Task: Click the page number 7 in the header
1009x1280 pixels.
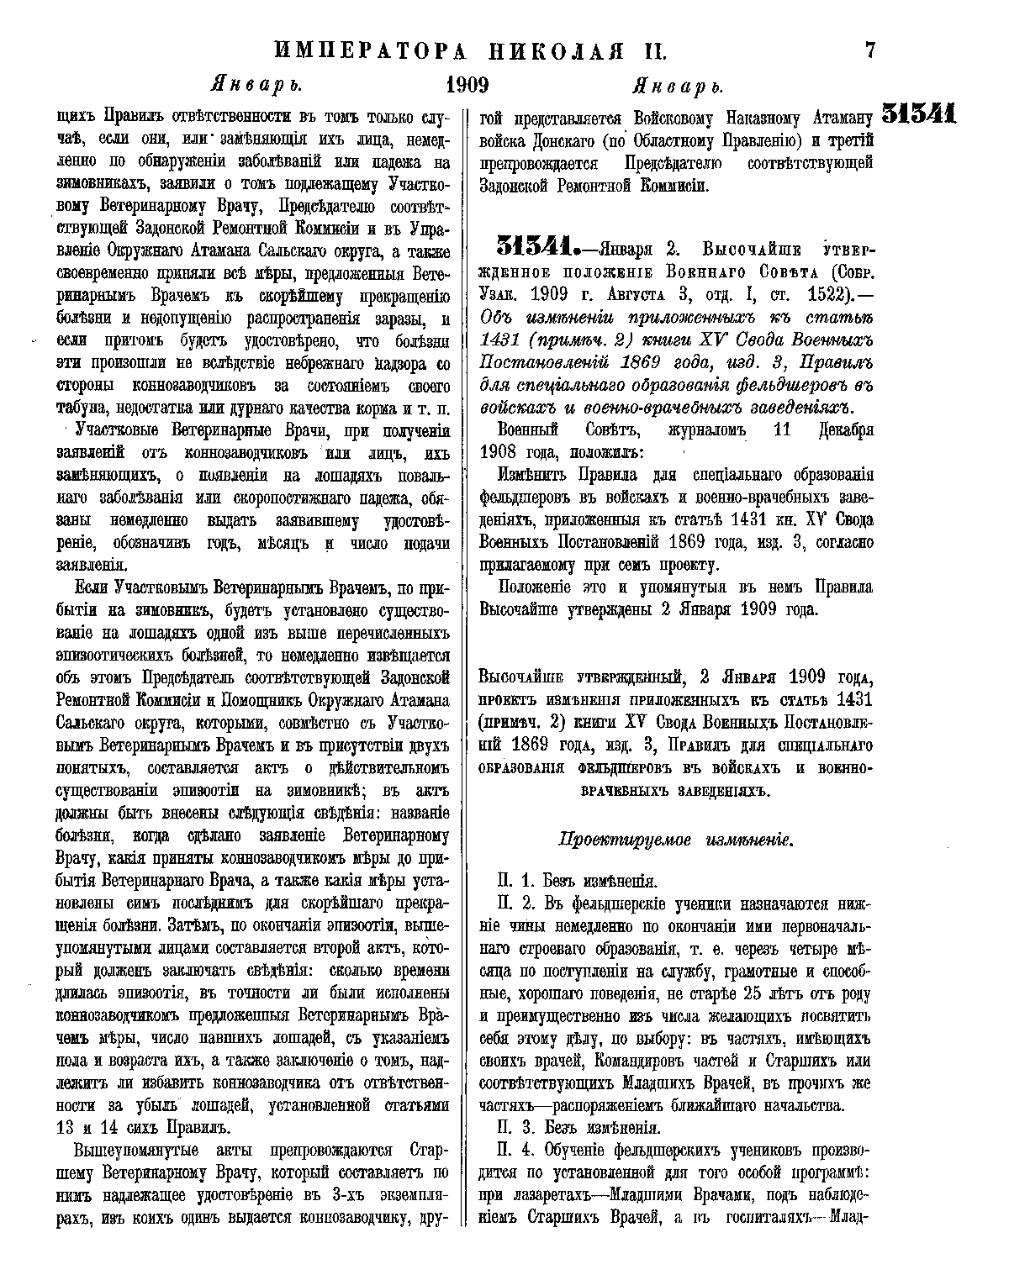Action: [x=869, y=50]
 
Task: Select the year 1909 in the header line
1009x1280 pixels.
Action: [x=468, y=85]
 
